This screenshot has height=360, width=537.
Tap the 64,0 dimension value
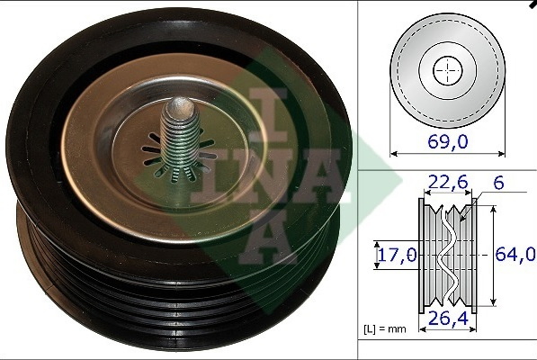(515, 255)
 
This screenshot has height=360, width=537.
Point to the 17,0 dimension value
(395, 255)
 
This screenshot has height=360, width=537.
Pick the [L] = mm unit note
(384, 329)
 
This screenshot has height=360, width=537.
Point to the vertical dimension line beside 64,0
(490, 255)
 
